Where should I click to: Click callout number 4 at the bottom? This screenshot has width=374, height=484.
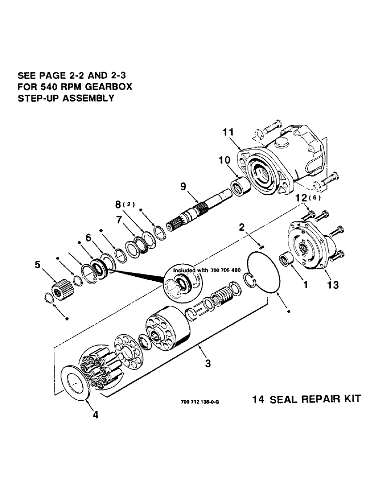pos(95,415)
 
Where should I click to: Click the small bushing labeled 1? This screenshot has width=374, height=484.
pos(286,259)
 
